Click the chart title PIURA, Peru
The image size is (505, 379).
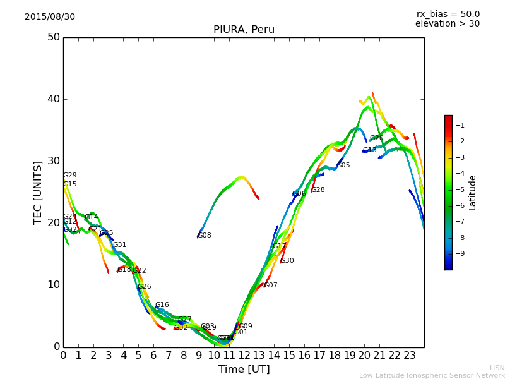click(x=244, y=30)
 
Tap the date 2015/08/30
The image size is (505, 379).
click(x=50, y=17)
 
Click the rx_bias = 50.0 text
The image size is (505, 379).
click(x=448, y=15)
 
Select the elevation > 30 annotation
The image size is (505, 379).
click(x=448, y=24)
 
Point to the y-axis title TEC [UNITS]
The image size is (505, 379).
click(x=38, y=192)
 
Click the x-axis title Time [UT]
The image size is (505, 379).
click(x=244, y=370)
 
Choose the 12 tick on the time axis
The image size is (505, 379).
click(x=244, y=356)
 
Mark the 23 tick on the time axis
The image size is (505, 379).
click(x=410, y=356)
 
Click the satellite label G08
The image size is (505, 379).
click(x=205, y=236)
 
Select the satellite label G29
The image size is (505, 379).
click(x=70, y=176)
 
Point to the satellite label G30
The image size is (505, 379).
click(x=287, y=261)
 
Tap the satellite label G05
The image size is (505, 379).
click(x=343, y=165)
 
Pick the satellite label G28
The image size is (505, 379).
click(x=318, y=190)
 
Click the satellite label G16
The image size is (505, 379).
click(x=162, y=305)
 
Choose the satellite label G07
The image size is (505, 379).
click(x=271, y=286)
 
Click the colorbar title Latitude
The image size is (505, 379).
click(x=473, y=192)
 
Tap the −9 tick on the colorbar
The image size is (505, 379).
click(x=460, y=254)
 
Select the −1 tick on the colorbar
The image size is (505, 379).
click(x=460, y=126)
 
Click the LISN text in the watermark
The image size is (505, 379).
click(x=497, y=368)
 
